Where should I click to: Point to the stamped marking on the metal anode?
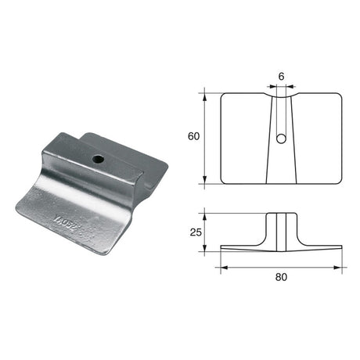(x=95, y=213)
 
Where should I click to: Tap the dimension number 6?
(x=282, y=77)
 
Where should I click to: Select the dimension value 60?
(x=192, y=135)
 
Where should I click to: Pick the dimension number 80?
(x=281, y=277)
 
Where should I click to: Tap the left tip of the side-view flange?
(x=222, y=250)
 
